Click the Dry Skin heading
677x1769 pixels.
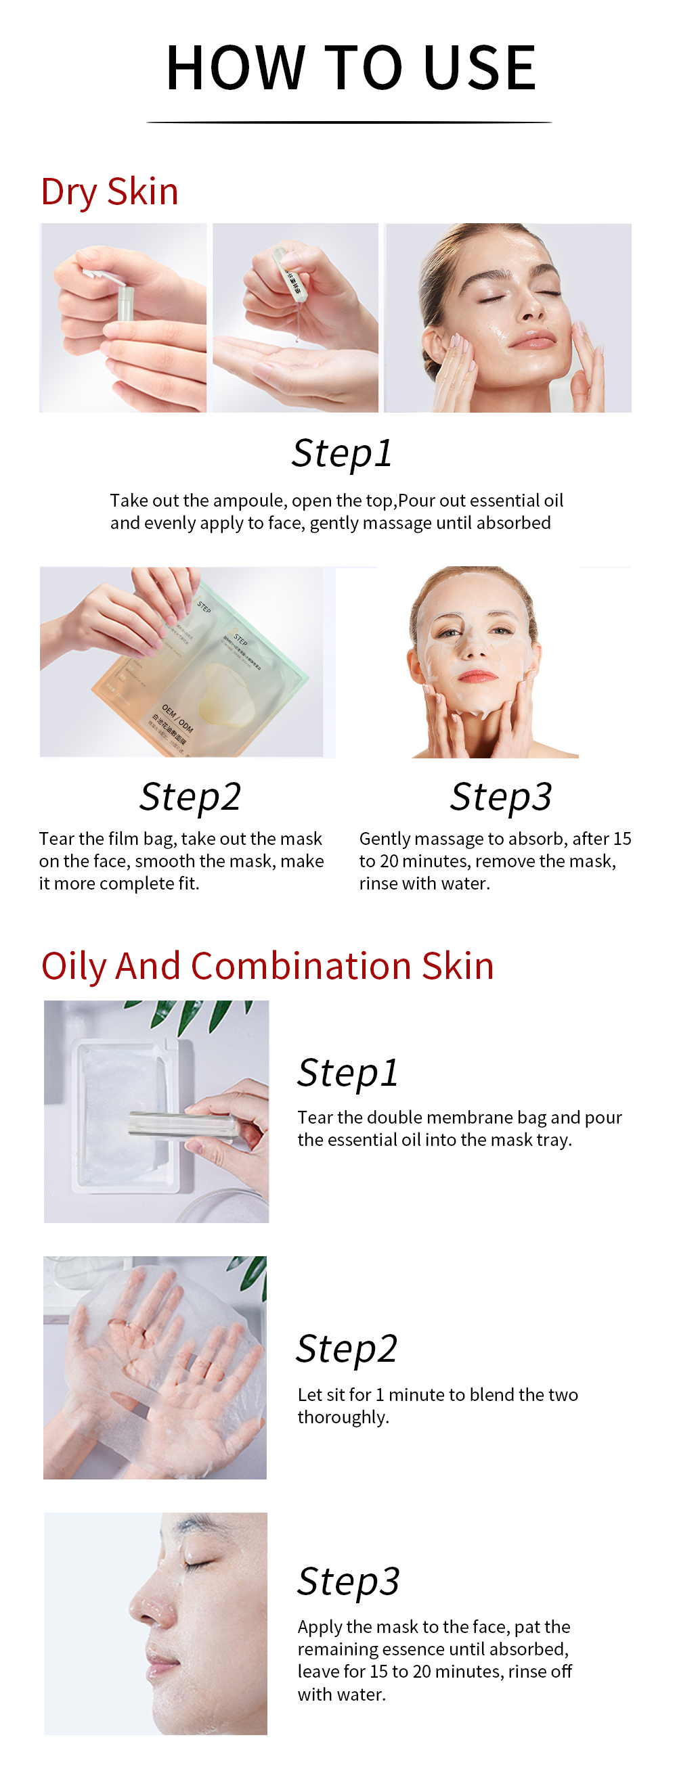[x=109, y=191]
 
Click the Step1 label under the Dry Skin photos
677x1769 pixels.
[x=342, y=453]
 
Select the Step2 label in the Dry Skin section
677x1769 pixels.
[x=190, y=797]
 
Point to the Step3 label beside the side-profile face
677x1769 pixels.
[x=348, y=1581]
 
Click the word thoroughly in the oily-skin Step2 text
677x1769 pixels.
[x=343, y=1417]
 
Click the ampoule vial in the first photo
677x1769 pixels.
[x=125, y=303]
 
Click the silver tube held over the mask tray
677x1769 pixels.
[x=182, y=1127]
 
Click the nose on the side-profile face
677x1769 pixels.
[x=144, y=1607]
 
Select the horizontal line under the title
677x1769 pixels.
[x=349, y=122]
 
